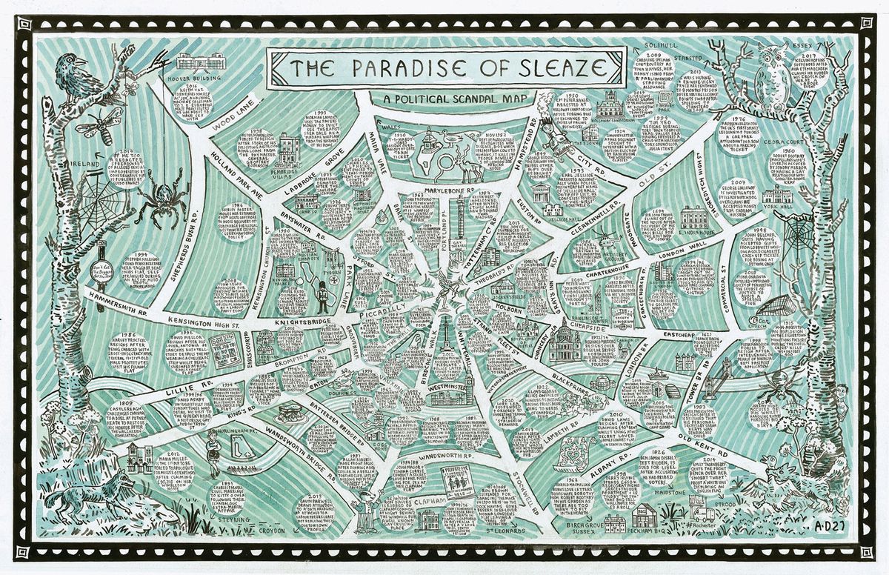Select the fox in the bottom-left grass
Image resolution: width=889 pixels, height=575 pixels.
tap(96, 489)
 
